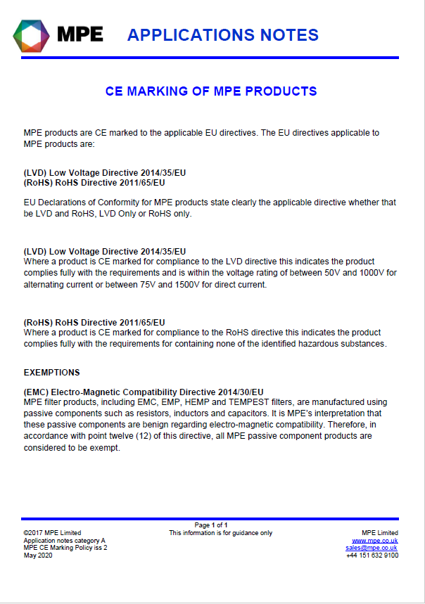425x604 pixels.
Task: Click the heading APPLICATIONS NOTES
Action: coord(223,34)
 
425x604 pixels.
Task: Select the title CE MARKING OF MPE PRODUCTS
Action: coord(211,91)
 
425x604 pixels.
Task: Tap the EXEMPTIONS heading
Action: coord(52,372)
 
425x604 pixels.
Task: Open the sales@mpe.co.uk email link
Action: coord(372,547)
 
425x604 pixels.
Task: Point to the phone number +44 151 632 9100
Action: coord(372,555)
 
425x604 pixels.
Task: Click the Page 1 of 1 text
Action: coord(211,525)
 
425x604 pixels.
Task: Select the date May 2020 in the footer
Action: coord(38,555)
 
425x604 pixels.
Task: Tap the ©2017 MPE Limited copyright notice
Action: coord(52,533)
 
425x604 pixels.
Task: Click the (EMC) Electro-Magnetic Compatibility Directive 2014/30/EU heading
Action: coord(144,392)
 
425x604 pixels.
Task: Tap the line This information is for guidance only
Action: coord(220,533)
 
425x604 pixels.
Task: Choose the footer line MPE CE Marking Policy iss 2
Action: coord(65,547)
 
